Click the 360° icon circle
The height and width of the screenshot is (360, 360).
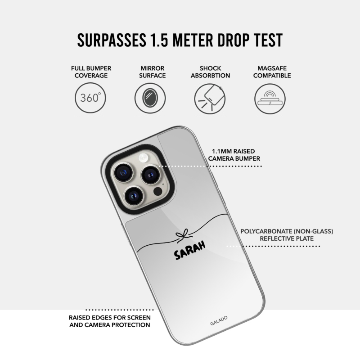pos(90,98)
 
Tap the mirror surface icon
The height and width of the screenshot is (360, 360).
pos(150,98)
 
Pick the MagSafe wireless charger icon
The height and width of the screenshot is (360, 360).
pos(270,99)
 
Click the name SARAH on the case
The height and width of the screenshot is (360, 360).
pos(189,250)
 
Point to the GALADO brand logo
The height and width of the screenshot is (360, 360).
pos(219,320)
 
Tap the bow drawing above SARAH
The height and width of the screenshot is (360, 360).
pos(184,236)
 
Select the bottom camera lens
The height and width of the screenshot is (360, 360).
pos(133,196)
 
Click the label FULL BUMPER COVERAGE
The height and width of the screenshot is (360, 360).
pos(91,72)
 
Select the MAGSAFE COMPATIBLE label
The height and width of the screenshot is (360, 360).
pos(272,72)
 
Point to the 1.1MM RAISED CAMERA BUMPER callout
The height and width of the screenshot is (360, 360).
pos(234,155)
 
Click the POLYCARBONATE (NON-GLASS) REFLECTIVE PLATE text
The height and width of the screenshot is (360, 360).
pos(287,235)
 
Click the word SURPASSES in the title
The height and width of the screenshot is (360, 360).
pos(112,40)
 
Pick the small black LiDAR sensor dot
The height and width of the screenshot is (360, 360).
pos(158,191)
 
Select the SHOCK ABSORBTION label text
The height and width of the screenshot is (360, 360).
pos(210,72)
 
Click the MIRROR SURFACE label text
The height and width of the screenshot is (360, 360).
pos(153,72)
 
